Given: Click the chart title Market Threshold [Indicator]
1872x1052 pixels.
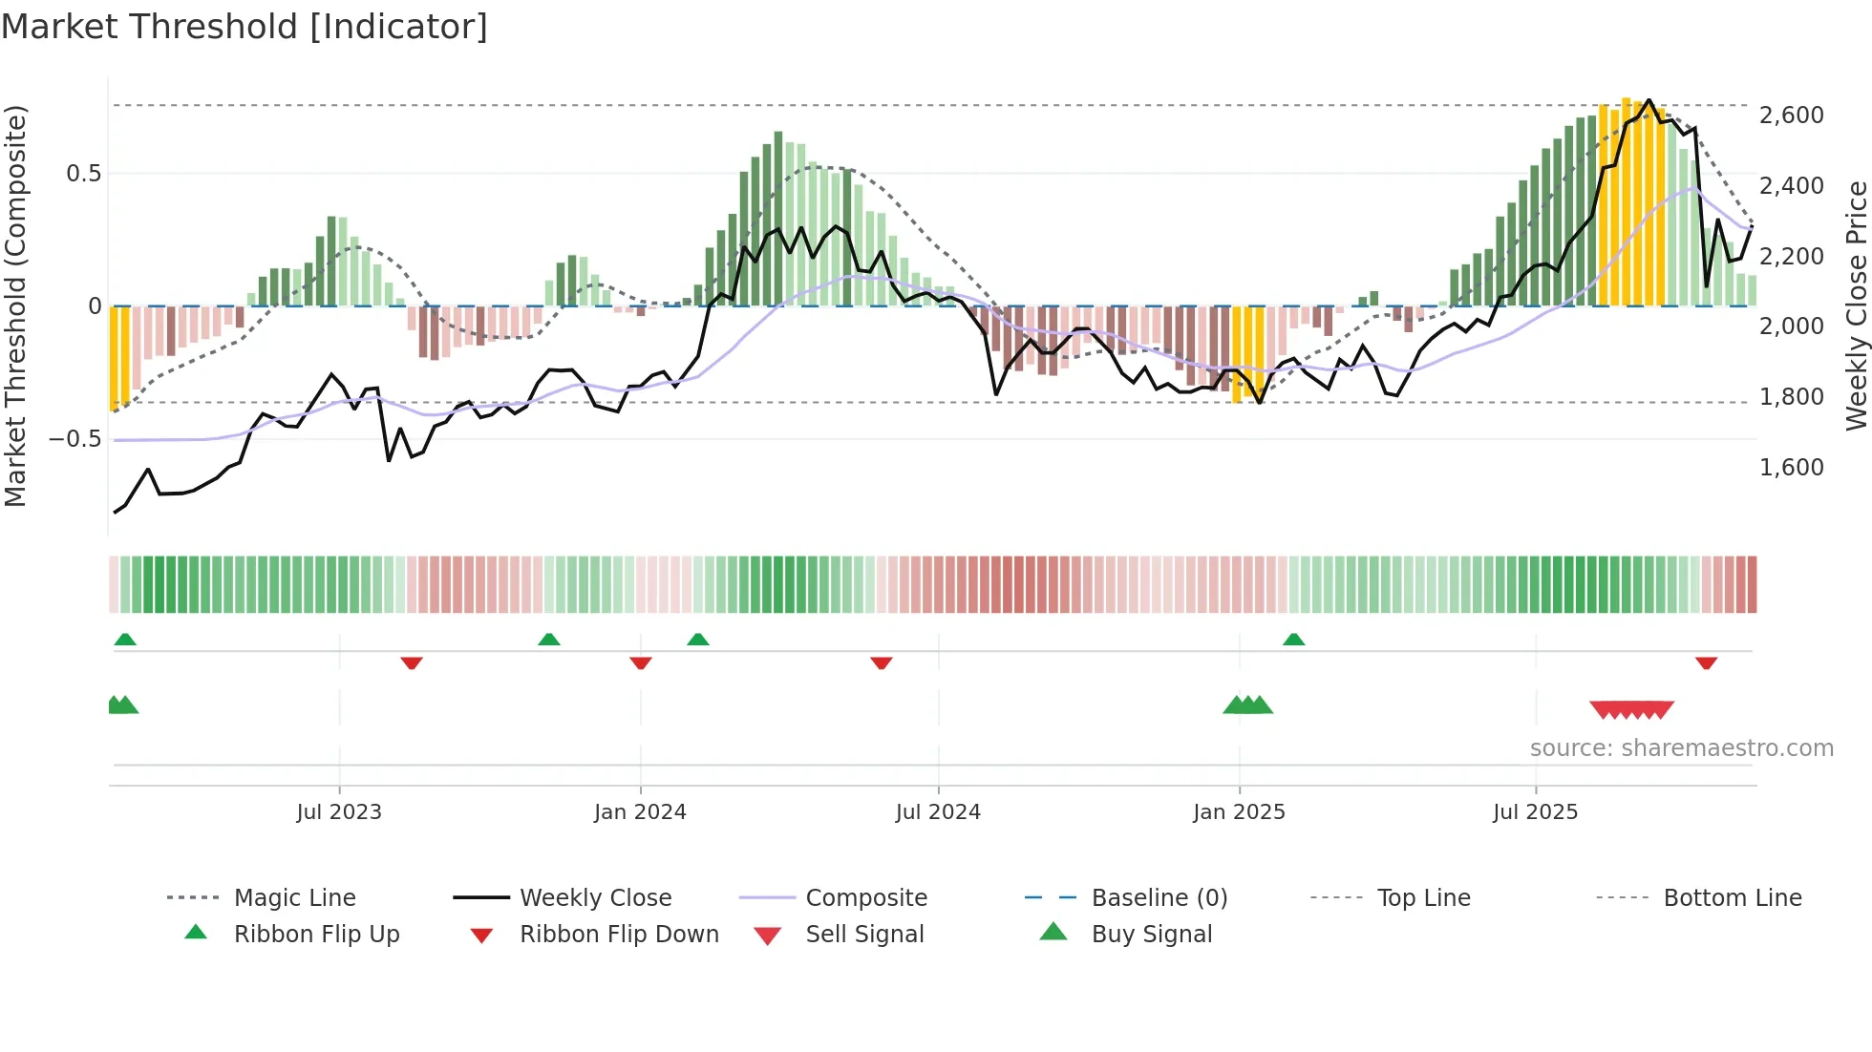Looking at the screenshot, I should [x=245, y=27].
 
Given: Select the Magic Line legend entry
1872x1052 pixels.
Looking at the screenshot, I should [x=294, y=897].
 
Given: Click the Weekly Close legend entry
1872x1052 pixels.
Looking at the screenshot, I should [x=595, y=897].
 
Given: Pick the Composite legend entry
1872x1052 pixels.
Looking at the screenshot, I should [x=865, y=897].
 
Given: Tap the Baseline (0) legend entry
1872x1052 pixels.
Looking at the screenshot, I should [x=1159, y=897].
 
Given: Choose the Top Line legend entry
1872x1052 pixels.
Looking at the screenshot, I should [x=1423, y=897].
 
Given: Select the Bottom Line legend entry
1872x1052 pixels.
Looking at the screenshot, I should [x=1732, y=897].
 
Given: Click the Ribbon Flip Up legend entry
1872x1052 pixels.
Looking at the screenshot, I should [x=316, y=934].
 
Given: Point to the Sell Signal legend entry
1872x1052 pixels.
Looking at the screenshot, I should [x=864, y=934].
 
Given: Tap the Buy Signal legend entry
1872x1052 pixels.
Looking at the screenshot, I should [x=1151, y=934].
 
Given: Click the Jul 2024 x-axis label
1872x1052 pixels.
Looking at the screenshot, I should [x=938, y=811].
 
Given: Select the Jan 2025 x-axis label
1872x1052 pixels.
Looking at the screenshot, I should [x=1239, y=811].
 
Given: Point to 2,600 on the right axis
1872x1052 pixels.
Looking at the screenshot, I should [x=1791, y=116].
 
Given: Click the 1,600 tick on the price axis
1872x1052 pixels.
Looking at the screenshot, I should [x=1791, y=467].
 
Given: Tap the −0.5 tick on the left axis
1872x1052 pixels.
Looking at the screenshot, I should [x=74, y=439].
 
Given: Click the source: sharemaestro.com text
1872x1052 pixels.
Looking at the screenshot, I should [x=1681, y=747].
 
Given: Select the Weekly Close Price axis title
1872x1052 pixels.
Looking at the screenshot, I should [x=1856, y=305].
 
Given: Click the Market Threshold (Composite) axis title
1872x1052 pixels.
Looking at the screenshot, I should [x=15, y=305].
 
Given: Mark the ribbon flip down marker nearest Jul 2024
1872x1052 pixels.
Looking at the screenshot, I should [x=881, y=662].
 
